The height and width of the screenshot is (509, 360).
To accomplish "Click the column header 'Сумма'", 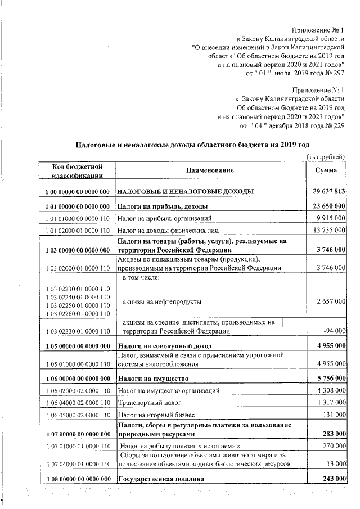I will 326,170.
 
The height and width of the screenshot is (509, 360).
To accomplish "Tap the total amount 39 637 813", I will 327,191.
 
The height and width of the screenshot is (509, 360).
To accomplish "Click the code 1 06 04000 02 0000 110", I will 77,403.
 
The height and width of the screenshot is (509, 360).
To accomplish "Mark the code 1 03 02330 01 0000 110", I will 77,332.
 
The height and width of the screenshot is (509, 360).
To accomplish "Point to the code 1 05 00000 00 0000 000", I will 77,345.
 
